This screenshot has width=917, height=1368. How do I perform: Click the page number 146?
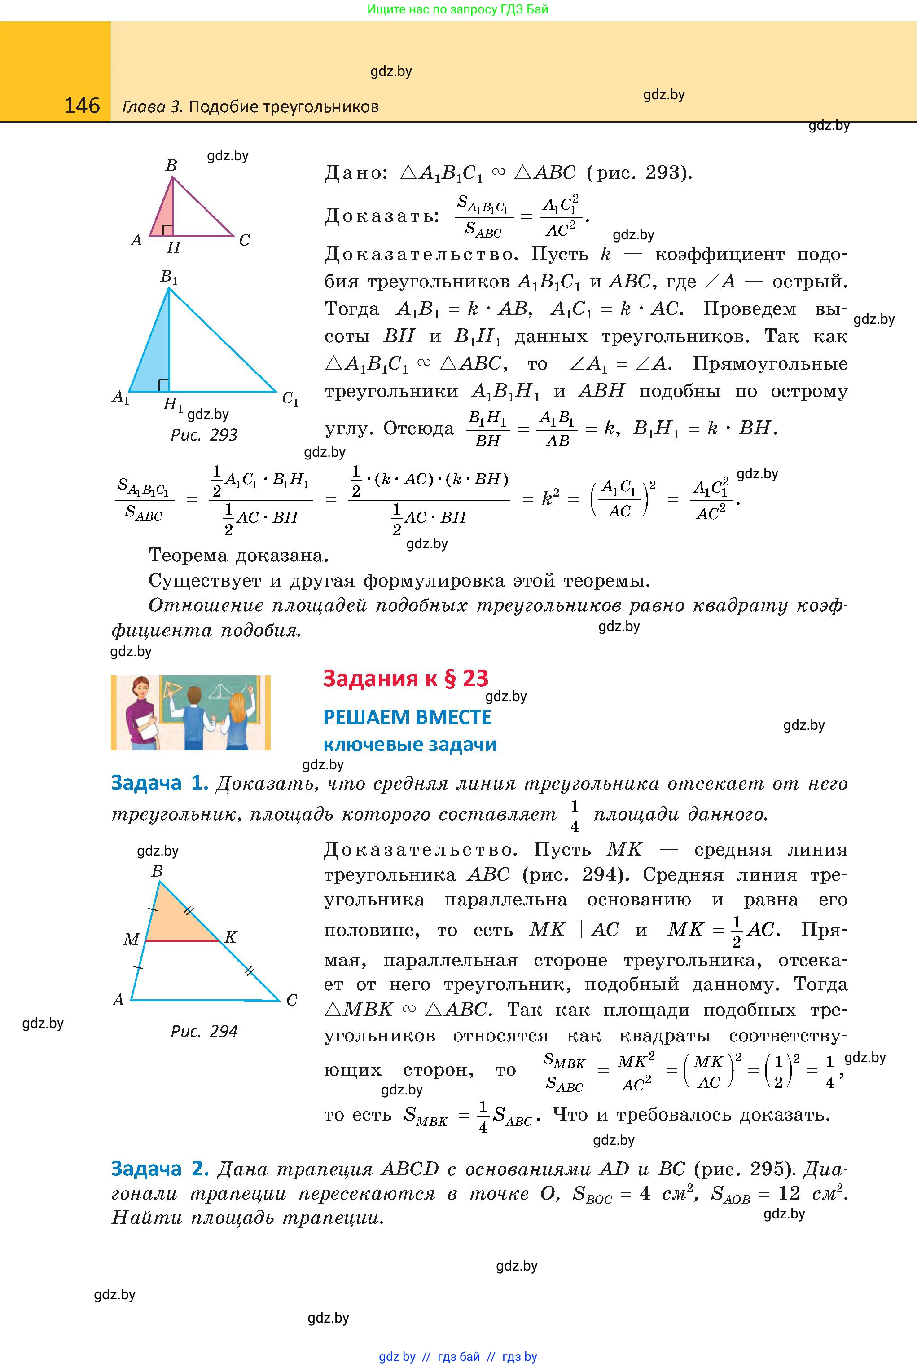(x=82, y=106)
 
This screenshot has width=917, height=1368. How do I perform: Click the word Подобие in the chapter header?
(x=224, y=107)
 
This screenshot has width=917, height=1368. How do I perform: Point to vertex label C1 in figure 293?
(x=290, y=400)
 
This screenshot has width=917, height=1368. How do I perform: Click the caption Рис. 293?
(x=204, y=435)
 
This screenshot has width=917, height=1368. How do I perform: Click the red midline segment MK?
(x=181, y=940)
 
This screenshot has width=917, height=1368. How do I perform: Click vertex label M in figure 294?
(x=131, y=940)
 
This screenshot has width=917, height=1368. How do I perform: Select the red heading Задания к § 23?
(x=405, y=678)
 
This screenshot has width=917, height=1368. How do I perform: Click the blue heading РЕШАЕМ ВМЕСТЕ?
(x=407, y=717)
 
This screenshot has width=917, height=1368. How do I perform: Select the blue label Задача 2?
(x=160, y=1169)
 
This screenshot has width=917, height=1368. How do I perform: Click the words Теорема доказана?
(x=238, y=555)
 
